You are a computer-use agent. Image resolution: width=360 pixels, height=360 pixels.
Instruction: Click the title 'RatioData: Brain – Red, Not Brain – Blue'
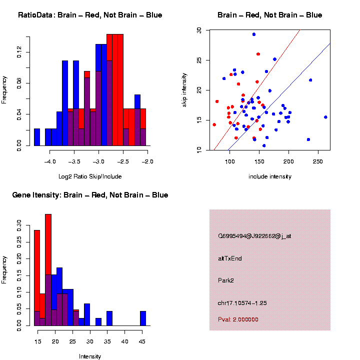point(90,15)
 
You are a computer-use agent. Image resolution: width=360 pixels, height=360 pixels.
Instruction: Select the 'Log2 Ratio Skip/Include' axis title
point(90,176)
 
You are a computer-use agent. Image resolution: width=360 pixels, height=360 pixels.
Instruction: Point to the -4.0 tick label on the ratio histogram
point(50,161)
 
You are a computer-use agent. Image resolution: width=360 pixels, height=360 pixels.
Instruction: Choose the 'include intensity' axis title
point(270,176)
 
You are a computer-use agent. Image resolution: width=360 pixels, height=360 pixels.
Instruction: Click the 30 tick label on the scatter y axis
point(199,30)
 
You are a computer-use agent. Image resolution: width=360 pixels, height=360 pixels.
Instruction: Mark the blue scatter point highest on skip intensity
point(254,34)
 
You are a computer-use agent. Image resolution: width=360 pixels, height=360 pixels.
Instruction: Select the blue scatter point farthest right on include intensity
point(325,117)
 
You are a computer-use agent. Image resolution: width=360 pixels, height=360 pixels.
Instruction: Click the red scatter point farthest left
point(214,124)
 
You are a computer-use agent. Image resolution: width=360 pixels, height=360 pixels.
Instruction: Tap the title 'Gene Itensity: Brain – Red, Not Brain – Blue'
point(90,195)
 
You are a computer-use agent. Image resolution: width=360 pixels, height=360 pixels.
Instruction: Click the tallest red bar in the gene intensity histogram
point(48,270)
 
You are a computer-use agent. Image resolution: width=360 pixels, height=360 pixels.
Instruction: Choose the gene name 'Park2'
point(226,280)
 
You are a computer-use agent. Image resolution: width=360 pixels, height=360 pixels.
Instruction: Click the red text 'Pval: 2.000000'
point(238,319)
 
